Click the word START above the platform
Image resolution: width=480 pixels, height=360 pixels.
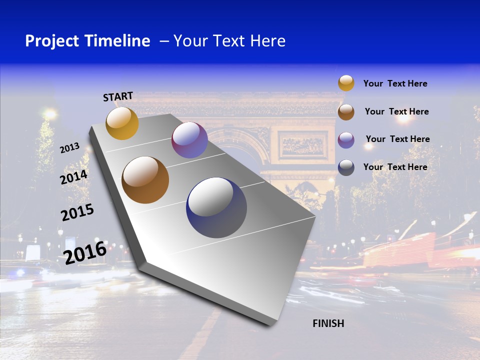pos(118,96)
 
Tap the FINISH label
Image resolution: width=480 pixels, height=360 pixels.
pos(328,323)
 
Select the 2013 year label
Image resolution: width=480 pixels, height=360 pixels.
pos(69,148)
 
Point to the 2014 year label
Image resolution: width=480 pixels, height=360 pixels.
pos(74,177)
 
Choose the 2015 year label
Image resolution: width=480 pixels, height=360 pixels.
pos(77,212)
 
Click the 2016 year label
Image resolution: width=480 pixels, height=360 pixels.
pos(85,252)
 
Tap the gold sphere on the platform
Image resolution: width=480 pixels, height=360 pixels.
pos(122,123)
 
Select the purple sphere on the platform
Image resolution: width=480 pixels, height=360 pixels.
pos(189,140)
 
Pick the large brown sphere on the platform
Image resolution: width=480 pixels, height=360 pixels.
pos(145,180)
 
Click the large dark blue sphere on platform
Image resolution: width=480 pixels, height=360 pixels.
pos(216,207)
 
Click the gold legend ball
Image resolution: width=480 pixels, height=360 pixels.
pos(346,83)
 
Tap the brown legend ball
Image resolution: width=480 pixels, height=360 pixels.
pos(346,112)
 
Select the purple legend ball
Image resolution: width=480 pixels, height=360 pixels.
pos(346,139)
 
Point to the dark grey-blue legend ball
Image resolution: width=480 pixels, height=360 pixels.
pos(346,167)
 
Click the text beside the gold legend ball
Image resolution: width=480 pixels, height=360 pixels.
pos(395,83)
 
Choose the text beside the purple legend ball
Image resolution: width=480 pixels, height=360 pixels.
pos(397,139)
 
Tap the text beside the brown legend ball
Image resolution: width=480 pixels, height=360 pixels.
pos(396,111)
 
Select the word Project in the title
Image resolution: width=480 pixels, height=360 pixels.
pos(51,41)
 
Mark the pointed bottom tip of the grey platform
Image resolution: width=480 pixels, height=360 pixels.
pos(270,325)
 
